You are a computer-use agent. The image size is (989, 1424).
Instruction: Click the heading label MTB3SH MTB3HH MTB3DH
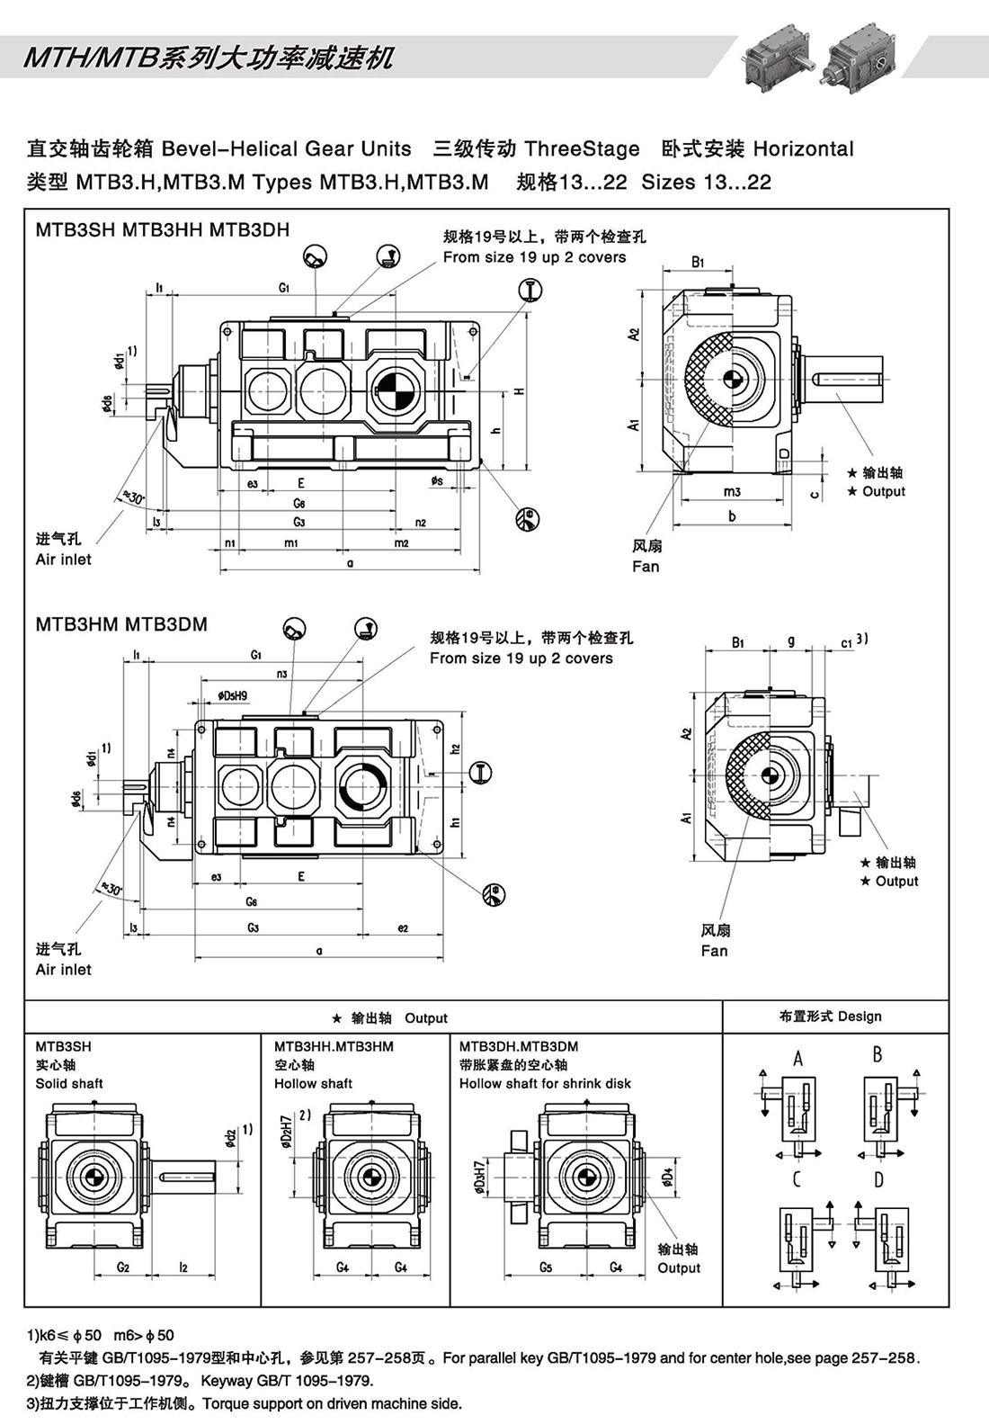point(162,230)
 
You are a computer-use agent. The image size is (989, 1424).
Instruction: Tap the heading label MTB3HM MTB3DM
point(121,624)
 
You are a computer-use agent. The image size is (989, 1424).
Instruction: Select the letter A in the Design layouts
point(797,1059)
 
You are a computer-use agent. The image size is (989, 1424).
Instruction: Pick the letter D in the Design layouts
point(878,1179)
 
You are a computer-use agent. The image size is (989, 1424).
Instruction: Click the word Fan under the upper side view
point(646,567)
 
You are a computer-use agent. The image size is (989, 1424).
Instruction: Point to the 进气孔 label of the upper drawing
point(58,539)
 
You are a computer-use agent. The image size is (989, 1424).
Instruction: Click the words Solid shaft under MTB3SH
point(69,1084)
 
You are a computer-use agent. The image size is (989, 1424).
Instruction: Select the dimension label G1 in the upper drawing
point(283,289)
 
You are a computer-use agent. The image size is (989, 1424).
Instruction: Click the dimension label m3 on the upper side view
point(732,492)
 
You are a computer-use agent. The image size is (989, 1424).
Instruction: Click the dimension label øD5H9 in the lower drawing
point(232,695)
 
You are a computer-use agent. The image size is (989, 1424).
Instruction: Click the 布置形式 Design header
point(830,1017)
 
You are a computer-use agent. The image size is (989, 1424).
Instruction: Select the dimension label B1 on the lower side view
point(737,642)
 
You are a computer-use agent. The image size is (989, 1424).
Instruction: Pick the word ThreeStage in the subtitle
point(582,149)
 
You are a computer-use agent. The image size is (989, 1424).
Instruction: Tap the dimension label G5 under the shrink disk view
point(546,1267)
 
